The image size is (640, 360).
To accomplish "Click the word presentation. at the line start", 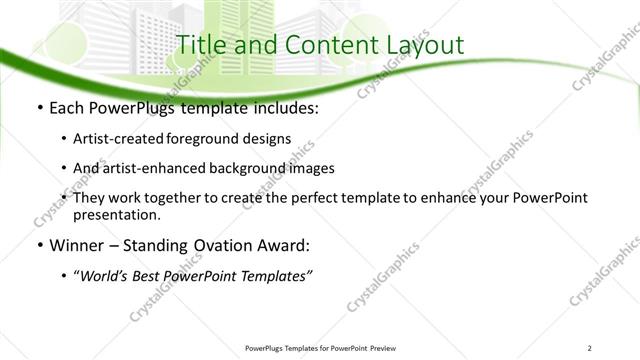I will (x=116, y=214).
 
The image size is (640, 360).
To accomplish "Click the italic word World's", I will (x=103, y=276).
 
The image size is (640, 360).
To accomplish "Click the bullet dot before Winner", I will (x=38, y=246).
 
